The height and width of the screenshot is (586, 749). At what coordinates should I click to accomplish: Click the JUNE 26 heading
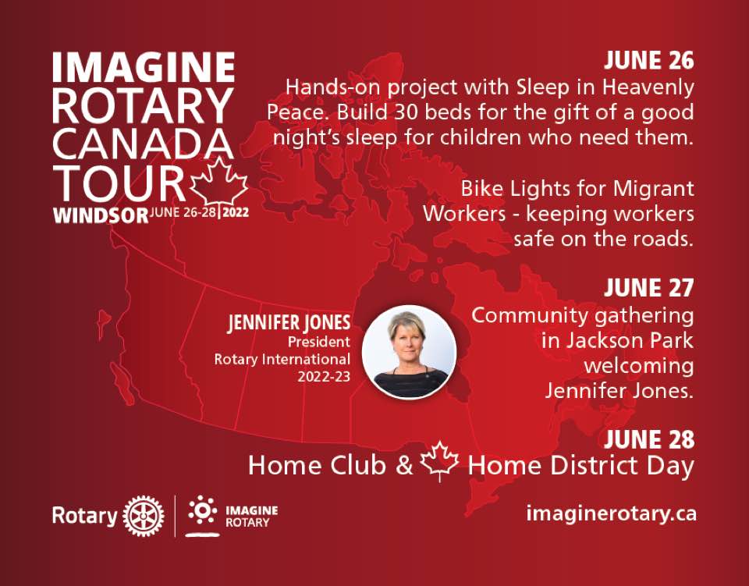pos(648,61)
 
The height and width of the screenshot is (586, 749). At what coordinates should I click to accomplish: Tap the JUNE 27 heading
pos(648,288)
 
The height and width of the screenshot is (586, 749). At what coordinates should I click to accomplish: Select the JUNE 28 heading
pos(648,439)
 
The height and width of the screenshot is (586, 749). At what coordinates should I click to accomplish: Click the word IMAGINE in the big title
pos(144,67)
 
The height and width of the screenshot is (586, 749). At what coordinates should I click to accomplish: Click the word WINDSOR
pos(101,215)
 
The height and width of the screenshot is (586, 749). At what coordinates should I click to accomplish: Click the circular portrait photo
pos(409,353)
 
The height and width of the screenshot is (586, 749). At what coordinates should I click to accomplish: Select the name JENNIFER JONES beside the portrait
pos(289,323)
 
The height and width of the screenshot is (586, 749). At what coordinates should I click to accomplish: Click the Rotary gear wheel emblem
pos(144,516)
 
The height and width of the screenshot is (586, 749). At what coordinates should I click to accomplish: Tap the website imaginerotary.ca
pos(611,514)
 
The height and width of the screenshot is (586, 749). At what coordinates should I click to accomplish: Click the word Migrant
pos(653,190)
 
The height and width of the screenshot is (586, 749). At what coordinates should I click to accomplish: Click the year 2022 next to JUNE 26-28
pos(236,212)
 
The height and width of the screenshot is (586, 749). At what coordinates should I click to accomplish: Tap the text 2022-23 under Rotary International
pos(324,377)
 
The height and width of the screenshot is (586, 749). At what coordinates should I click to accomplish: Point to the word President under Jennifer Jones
pos(318,342)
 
